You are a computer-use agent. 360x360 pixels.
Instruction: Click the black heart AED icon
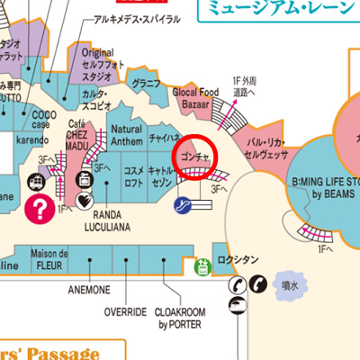tap(85, 200)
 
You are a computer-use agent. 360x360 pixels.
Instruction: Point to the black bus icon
tap(236, 306)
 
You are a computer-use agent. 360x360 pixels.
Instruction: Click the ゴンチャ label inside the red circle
tap(195, 157)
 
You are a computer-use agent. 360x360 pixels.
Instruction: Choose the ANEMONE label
tap(89, 290)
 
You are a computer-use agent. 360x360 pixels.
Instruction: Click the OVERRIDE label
tap(125, 311)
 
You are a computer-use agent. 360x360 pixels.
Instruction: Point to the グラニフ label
tap(146, 85)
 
